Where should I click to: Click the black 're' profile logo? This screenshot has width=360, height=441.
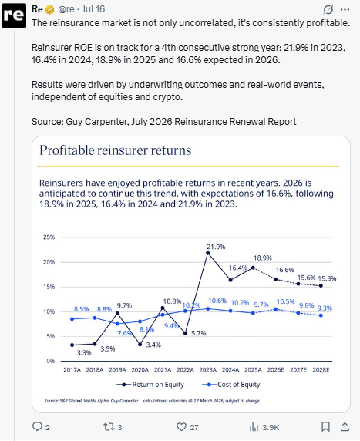[x=14, y=15]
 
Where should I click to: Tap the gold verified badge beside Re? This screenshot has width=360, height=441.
[x=50, y=9]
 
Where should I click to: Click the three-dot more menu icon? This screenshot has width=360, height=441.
[x=345, y=9]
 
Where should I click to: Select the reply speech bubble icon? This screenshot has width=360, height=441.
[x=37, y=426]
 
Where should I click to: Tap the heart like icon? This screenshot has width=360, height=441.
[x=181, y=426]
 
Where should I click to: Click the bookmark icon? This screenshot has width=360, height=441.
[x=325, y=426]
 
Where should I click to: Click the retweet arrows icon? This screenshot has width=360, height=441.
[x=109, y=427]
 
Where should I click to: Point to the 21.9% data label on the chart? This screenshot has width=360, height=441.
[x=216, y=247]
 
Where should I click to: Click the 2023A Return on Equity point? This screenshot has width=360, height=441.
[x=208, y=253]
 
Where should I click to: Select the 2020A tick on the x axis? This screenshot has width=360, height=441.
[x=140, y=369]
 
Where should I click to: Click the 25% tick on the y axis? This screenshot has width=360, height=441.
[x=49, y=237]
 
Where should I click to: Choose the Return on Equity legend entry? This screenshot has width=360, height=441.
[x=150, y=384]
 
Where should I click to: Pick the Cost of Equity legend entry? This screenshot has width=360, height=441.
[x=231, y=384]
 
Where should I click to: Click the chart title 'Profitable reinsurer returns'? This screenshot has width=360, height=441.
[x=116, y=150]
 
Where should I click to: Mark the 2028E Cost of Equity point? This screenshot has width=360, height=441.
[x=321, y=315]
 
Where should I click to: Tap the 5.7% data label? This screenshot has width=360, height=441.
[x=199, y=333]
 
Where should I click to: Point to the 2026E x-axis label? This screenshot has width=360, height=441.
[x=276, y=369]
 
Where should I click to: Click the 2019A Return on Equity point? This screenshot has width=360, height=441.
[x=117, y=313]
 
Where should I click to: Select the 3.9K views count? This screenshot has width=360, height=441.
[x=271, y=427]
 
